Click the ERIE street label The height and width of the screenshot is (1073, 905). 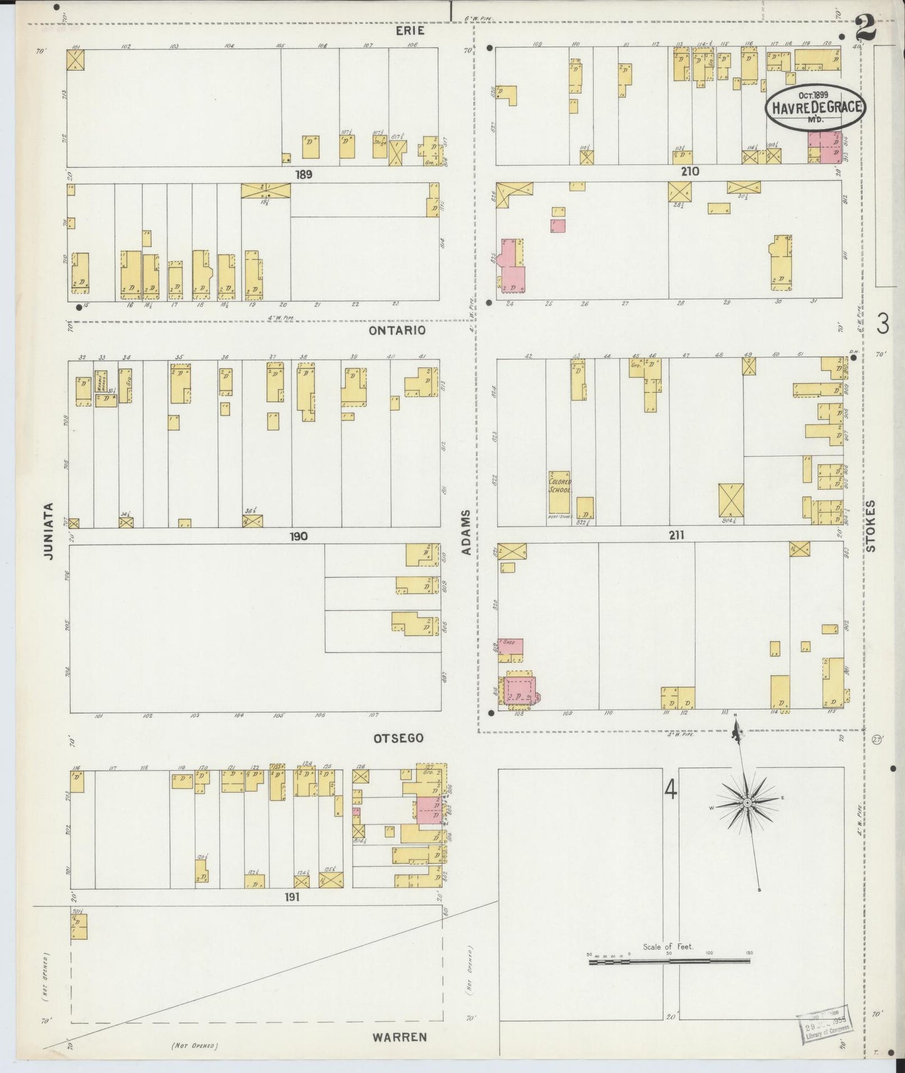pyautogui.click(x=410, y=31)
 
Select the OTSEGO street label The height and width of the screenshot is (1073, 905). pyautogui.click(x=398, y=738)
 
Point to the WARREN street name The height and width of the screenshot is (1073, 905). pyautogui.click(x=400, y=1037)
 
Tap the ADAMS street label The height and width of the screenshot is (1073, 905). pyautogui.click(x=465, y=533)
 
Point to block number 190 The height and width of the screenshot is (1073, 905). pyautogui.click(x=298, y=536)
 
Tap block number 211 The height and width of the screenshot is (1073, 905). pyautogui.click(x=676, y=535)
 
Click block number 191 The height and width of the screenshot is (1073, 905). pyautogui.click(x=292, y=896)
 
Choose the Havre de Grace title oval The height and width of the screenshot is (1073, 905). pyautogui.click(x=814, y=107)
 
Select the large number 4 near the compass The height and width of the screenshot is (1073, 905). pyautogui.click(x=671, y=791)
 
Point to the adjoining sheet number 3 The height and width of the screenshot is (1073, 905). pyautogui.click(x=882, y=324)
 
